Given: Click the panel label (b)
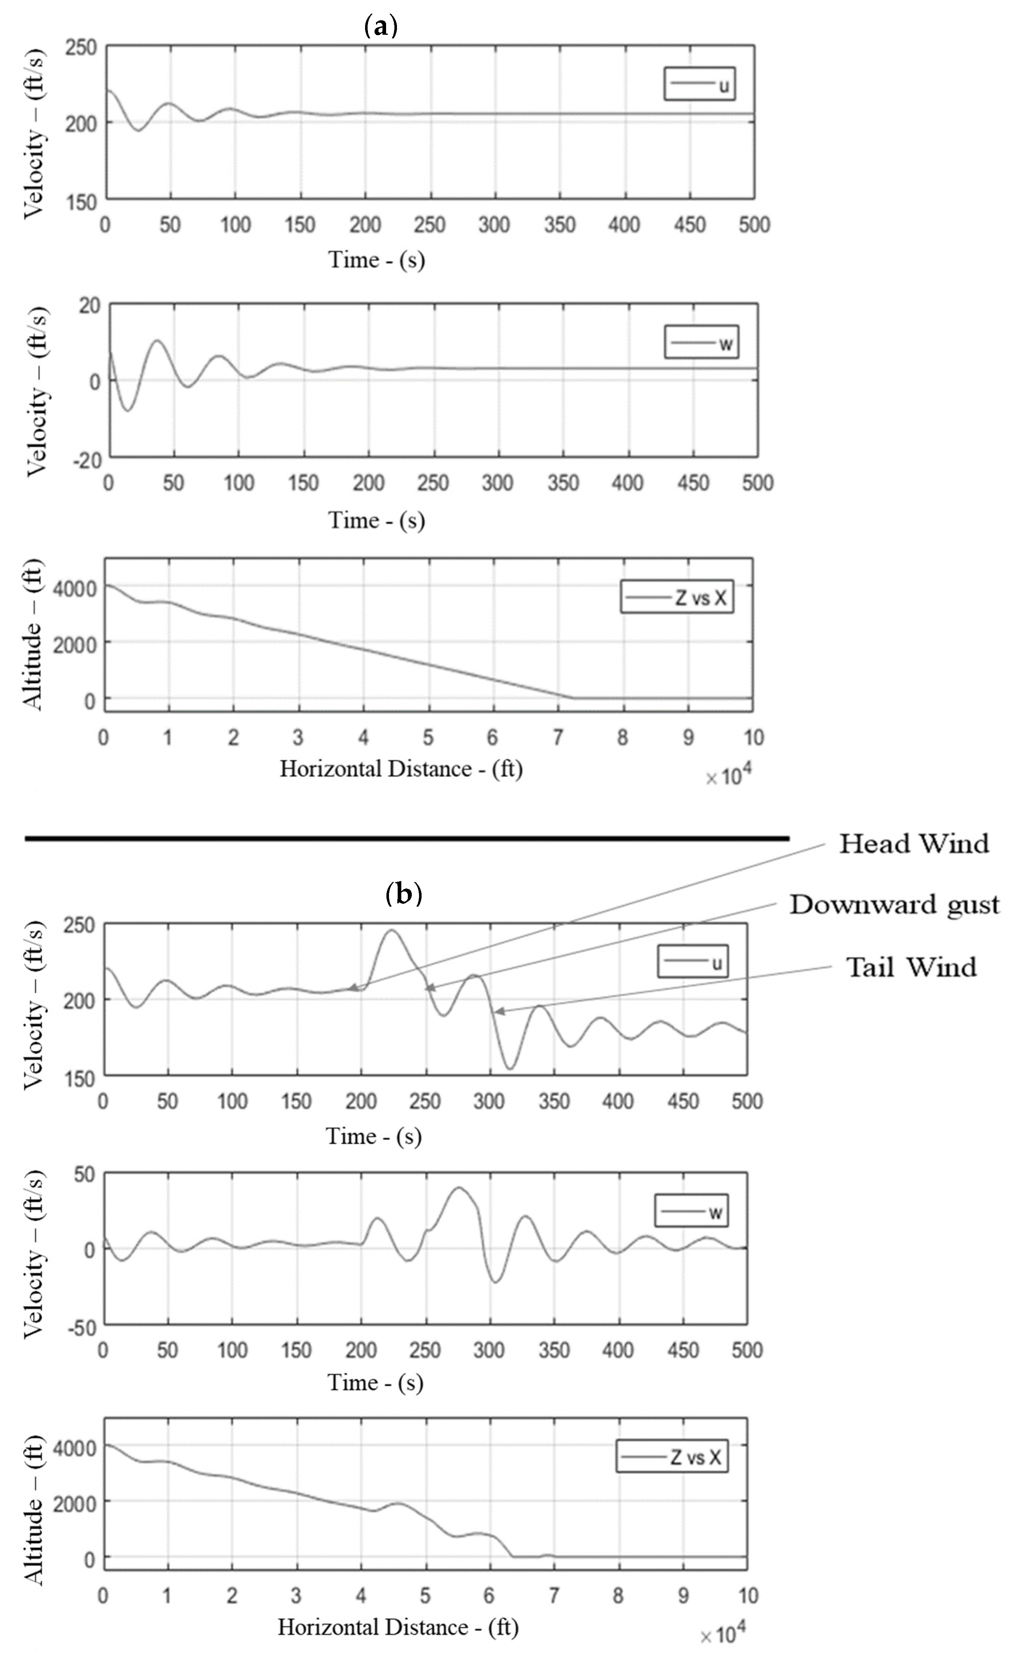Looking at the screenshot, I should tap(404, 894).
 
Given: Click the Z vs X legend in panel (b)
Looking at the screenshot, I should tap(672, 1457).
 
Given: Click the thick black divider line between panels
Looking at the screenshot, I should tap(407, 839).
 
